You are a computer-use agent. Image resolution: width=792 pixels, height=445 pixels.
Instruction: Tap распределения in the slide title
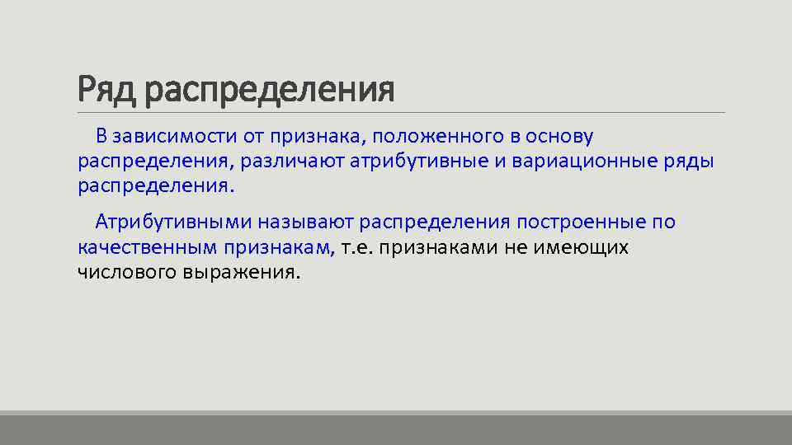[x=269, y=91]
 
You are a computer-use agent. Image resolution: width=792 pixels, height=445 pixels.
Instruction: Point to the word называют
[x=307, y=222]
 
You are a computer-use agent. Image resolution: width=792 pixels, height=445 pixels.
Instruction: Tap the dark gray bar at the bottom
[x=396, y=429]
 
